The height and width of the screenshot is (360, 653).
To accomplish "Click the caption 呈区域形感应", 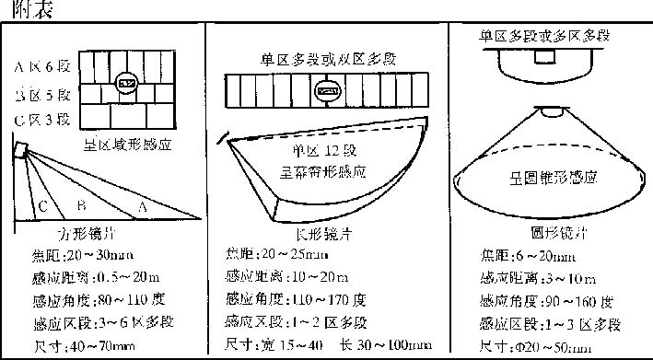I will click(x=126, y=145).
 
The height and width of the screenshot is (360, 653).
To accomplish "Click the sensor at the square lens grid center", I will click(x=128, y=85).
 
